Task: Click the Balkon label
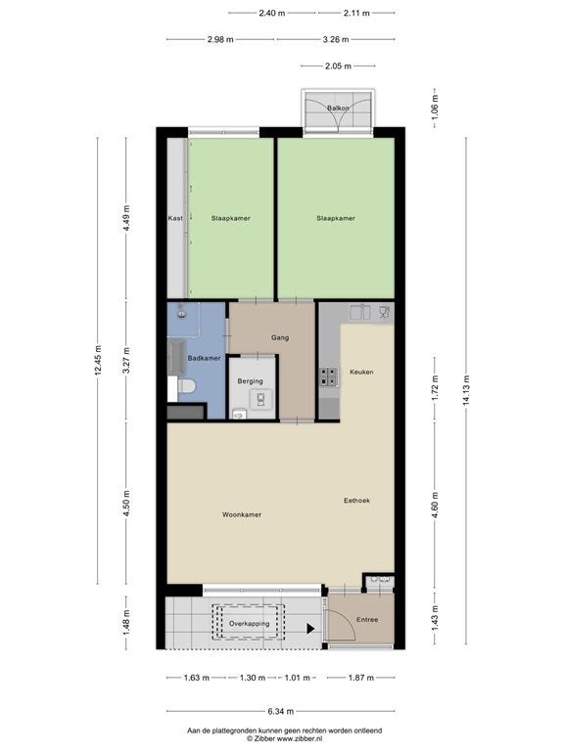(x=338, y=109)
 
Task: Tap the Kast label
(x=175, y=218)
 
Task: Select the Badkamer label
(x=204, y=358)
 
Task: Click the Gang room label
(x=280, y=337)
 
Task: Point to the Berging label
(x=250, y=381)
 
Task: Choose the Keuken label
(x=361, y=372)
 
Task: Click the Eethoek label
(x=356, y=501)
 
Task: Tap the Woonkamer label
(x=242, y=515)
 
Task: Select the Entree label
(x=367, y=620)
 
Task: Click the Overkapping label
(x=249, y=624)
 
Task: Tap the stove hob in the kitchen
(x=329, y=376)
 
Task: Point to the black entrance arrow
(x=310, y=629)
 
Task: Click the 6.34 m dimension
(x=281, y=711)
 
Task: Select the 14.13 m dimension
(x=466, y=390)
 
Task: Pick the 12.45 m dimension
(x=98, y=360)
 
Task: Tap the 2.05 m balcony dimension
(x=338, y=66)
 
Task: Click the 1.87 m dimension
(x=360, y=678)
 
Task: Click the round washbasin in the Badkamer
(x=182, y=314)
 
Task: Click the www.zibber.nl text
(x=300, y=739)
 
